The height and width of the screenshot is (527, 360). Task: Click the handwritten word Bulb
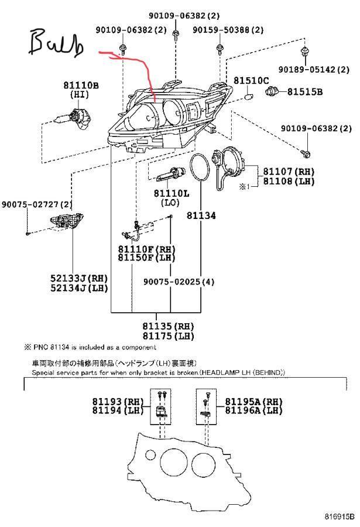click(56, 43)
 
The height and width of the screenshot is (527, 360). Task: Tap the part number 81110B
click(81, 85)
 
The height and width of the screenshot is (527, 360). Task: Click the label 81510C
click(251, 81)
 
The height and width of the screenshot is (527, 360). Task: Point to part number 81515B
click(305, 92)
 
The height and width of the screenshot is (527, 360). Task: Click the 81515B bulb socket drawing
click(273, 91)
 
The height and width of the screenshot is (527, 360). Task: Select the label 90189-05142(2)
click(314, 70)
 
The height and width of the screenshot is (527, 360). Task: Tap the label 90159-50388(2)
click(228, 30)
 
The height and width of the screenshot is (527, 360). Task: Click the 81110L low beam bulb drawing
click(171, 174)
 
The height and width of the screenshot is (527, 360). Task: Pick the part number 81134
click(201, 215)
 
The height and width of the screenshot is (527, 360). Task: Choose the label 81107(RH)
click(289, 172)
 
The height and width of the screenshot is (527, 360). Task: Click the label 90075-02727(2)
click(37, 204)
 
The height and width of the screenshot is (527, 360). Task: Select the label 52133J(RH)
click(80, 278)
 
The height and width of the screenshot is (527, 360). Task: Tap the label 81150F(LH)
click(147, 258)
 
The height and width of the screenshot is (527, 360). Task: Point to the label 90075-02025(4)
click(179, 282)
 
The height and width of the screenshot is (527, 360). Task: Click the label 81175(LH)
click(169, 336)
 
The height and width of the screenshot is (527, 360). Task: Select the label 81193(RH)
click(118, 402)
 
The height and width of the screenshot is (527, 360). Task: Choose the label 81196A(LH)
click(254, 410)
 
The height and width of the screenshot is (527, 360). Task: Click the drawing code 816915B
click(340, 516)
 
